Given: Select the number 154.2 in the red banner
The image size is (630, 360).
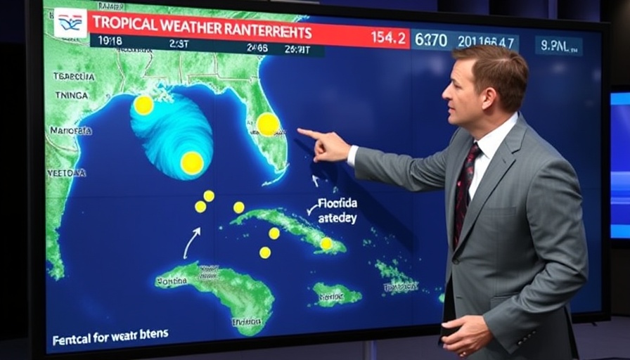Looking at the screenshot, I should (x=388, y=37).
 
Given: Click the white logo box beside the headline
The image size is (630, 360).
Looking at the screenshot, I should (x=71, y=22).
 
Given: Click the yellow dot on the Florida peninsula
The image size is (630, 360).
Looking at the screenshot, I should (x=268, y=124).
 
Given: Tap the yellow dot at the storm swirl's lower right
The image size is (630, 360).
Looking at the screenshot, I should (x=191, y=163).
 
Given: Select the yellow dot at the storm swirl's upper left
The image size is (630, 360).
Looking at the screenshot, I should (x=143, y=105).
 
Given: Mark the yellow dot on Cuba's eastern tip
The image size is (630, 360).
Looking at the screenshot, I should (x=326, y=243).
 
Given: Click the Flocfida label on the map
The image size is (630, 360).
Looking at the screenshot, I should (x=337, y=203).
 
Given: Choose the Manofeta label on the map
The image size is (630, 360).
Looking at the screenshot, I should (x=70, y=130).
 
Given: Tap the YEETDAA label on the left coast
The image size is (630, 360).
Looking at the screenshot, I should (x=66, y=172).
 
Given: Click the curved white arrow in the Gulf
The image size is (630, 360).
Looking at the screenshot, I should (x=191, y=243).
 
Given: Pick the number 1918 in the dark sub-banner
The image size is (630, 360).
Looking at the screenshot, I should (x=111, y=41).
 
